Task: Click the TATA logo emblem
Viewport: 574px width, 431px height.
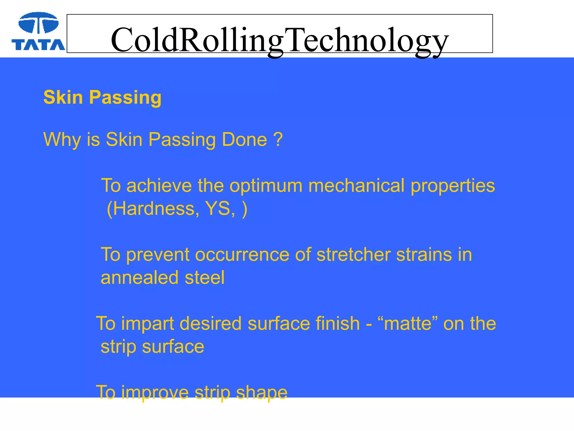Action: coord(38,23)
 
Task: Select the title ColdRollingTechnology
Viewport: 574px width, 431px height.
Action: coord(279,40)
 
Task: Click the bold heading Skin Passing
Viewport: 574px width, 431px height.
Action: coord(102,97)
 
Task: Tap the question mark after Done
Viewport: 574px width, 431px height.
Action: coord(278,139)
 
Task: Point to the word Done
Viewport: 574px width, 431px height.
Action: coord(244,139)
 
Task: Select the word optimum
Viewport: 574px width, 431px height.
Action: coord(266,186)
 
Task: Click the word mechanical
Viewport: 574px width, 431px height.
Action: coord(357,186)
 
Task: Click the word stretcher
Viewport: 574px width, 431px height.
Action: coord(353,255)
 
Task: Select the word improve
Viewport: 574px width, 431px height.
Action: coord(155,393)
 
